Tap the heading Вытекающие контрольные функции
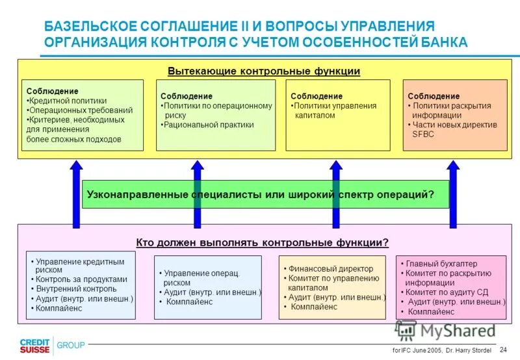pos(264,71)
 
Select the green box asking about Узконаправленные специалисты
pos(265,194)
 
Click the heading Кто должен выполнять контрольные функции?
pos(262,242)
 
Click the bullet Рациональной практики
pos(209,125)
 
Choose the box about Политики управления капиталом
pos(338,115)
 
